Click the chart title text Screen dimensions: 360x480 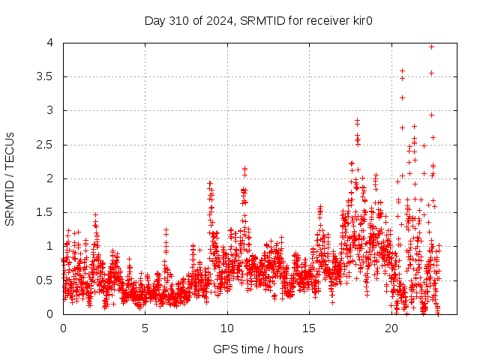(x=258, y=20)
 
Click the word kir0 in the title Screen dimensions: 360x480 (x=361, y=20)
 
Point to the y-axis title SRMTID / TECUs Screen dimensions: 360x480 (x=10, y=178)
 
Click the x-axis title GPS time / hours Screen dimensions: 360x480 (x=258, y=349)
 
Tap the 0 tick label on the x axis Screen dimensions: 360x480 (x=63, y=328)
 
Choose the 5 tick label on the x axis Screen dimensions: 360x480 (x=145, y=328)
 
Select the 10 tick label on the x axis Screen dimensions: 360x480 (x=227, y=328)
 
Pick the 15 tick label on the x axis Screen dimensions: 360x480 (x=309, y=328)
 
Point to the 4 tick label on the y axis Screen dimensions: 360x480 (x=49, y=43)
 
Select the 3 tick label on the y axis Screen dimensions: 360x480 (x=49, y=110)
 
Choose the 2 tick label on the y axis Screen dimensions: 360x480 (x=49, y=178)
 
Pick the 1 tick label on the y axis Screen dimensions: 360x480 (x=49, y=246)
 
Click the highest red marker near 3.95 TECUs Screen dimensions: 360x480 (x=431, y=46)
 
